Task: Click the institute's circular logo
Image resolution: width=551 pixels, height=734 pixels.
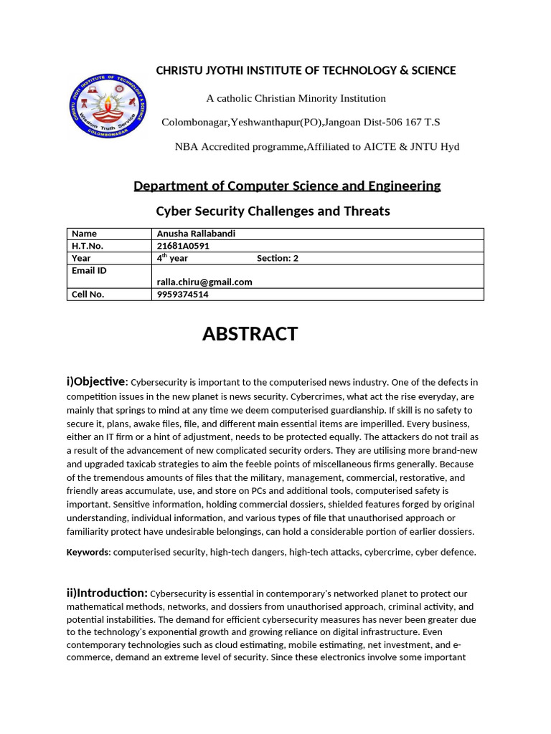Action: [107, 108]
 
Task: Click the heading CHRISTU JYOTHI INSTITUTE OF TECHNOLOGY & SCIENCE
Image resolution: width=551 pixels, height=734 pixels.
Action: [306, 70]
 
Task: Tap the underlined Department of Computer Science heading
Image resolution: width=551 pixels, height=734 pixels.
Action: [287, 186]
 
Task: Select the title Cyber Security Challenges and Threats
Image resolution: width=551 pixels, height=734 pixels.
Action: [273, 211]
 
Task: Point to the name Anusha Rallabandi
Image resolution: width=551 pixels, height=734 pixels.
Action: [196, 234]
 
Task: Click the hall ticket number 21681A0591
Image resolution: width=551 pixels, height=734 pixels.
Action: [183, 246]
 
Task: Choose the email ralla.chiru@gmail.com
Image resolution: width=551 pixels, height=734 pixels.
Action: [204, 282]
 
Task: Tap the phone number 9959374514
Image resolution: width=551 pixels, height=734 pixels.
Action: [184, 295]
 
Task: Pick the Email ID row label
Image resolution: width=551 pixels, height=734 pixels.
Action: [89, 270]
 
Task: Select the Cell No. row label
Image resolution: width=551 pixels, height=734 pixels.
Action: [88, 295]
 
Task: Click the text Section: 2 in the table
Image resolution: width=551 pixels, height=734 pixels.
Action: [278, 258]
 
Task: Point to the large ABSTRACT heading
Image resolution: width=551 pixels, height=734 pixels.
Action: [250, 334]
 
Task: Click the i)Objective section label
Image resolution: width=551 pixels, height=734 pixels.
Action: [96, 381]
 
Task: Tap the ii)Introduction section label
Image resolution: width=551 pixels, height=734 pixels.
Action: [107, 593]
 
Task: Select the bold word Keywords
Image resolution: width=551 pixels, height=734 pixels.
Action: [88, 552]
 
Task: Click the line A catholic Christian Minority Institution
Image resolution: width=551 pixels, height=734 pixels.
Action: [296, 98]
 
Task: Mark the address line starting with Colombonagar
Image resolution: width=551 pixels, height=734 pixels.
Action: [301, 123]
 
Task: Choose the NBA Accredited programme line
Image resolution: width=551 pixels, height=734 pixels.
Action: [316, 147]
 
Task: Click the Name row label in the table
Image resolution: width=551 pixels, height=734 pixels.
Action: [84, 234]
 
